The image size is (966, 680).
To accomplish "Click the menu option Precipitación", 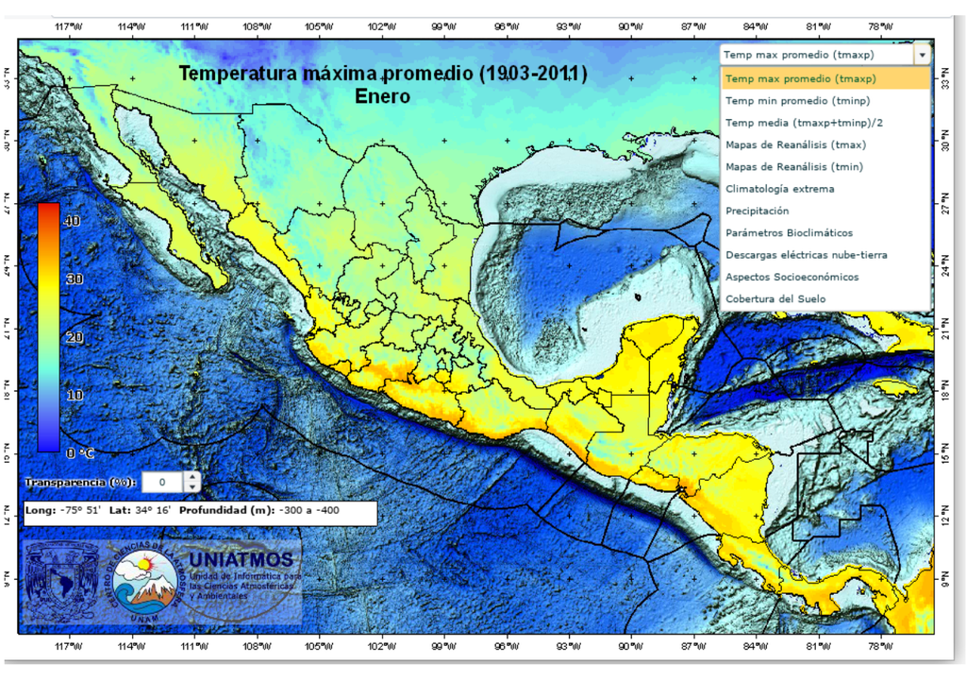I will click(757, 211).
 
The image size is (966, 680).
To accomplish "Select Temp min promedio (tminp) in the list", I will click(797, 100).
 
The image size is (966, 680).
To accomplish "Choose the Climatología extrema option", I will click(779, 189).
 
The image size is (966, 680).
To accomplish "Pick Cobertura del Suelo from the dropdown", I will click(775, 299).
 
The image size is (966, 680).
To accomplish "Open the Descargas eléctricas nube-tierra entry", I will click(806, 255).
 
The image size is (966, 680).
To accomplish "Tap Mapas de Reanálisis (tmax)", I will click(795, 144).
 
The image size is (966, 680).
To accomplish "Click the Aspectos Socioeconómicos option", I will click(791, 278).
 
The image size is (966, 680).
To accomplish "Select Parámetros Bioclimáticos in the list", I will click(789, 233).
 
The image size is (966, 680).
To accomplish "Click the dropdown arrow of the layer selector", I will click(921, 55).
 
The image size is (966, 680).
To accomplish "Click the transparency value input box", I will click(162, 483).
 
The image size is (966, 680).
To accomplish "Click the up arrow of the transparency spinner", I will click(192, 477).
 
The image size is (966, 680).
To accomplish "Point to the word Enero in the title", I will click(382, 95).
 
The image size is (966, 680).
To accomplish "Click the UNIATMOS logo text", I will click(241, 559).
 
